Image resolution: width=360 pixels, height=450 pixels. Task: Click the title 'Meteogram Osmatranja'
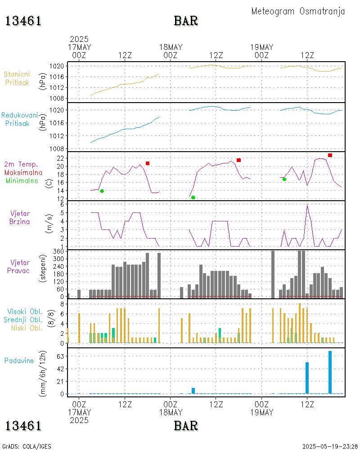[298, 11]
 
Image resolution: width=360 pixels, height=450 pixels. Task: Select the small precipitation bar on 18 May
[193, 391]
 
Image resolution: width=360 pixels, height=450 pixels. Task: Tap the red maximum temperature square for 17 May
[148, 163]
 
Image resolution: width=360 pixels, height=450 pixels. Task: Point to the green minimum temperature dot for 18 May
[193, 198]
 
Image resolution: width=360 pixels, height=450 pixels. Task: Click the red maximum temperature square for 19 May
[330, 155]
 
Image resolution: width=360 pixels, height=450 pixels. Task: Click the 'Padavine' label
[19, 360]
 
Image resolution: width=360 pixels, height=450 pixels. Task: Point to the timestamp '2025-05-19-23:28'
[330, 446]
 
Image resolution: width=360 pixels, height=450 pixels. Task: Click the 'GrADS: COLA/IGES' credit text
[27, 446]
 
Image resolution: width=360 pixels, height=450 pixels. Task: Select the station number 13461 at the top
[23, 21]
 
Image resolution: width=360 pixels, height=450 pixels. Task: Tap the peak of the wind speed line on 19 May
[307, 205]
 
